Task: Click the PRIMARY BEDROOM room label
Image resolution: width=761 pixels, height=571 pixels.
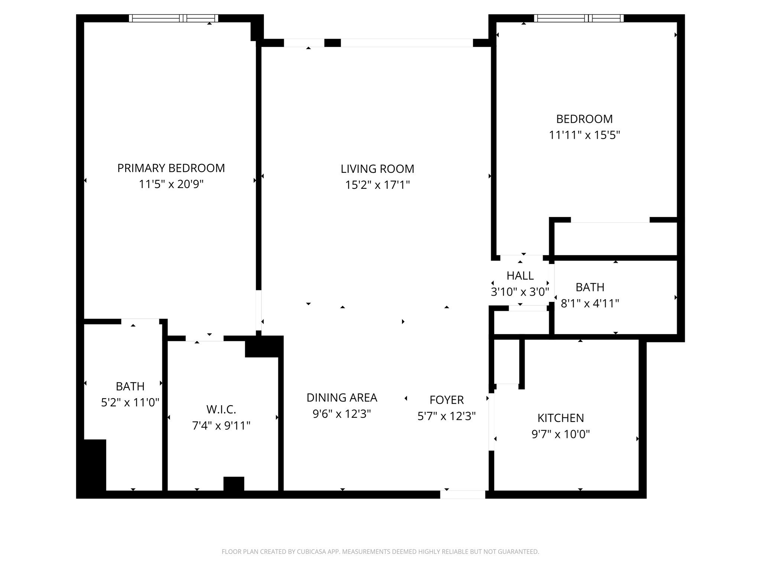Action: click(171, 168)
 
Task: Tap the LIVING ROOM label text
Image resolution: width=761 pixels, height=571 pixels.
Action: click(377, 169)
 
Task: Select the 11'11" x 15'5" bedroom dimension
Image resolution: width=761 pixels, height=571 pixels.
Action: click(584, 135)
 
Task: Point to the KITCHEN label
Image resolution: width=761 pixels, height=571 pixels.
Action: click(560, 418)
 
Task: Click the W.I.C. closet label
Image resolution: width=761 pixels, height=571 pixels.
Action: click(221, 410)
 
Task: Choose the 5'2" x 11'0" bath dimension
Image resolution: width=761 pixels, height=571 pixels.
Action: click(130, 402)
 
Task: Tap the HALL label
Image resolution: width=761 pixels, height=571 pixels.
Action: click(520, 275)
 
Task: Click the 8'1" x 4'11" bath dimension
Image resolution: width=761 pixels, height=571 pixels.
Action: click(590, 304)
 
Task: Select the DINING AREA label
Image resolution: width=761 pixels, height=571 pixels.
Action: click(341, 398)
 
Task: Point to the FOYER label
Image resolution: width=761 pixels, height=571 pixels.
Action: click(446, 400)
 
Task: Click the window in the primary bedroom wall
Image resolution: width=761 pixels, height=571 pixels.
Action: click(174, 18)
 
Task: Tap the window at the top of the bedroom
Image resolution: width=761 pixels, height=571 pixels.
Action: click(579, 18)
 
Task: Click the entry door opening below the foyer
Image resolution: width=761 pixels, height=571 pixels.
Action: click(463, 494)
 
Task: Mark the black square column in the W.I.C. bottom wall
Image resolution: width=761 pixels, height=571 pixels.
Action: click(234, 484)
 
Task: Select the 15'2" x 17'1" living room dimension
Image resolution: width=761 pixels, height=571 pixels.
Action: click(377, 185)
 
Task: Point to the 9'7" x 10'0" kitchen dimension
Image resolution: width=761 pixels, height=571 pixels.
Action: click(560, 434)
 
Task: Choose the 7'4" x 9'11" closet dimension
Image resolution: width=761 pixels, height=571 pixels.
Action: click(221, 426)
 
